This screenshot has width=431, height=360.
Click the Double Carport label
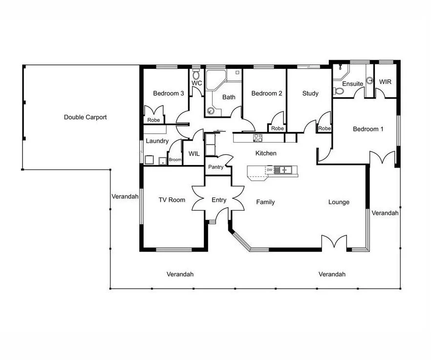point(85,117)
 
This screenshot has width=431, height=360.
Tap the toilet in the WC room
point(196,74)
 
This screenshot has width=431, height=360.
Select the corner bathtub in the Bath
point(216,80)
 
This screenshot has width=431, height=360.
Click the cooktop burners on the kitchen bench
point(258,138)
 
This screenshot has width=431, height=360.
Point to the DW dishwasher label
point(270,170)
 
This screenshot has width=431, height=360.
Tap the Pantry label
point(216,167)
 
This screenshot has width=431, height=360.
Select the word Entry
point(219,200)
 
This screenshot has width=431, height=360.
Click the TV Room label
point(172,200)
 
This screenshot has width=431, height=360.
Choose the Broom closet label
point(175,160)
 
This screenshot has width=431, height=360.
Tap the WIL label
point(194,153)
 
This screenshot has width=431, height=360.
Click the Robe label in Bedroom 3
point(153,120)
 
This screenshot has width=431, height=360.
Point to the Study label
point(310,93)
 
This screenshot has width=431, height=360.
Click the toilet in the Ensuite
point(338,91)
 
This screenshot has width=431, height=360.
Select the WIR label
point(385,82)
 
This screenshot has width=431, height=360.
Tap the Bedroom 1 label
point(368,129)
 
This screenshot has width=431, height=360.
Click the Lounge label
point(339,202)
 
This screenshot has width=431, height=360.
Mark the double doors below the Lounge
point(334,242)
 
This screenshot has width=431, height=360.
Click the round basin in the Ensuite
point(370,81)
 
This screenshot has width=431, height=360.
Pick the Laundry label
point(157,141)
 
